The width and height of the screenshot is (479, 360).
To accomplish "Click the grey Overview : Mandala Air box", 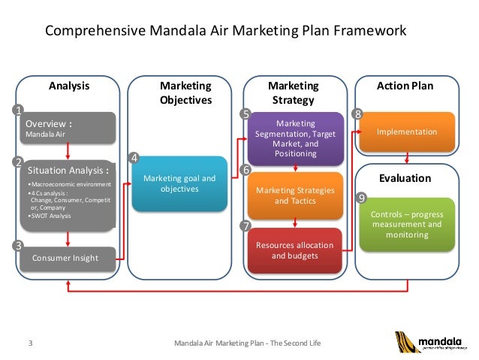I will pyautogui.click(x=68, y=128).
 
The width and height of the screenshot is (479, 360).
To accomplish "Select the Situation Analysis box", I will pyautogui.click(x=68, y=194).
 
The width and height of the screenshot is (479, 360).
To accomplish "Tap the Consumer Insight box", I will pyautogui.click(x=68, y=259).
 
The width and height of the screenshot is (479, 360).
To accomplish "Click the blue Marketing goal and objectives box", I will pyautogui.click(x=179, y=183).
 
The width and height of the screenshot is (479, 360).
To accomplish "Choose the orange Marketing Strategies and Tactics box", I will pyautogui.click(x=296, y=195).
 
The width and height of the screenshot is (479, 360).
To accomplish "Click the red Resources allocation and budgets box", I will pyautogui.click(x=296, y=250).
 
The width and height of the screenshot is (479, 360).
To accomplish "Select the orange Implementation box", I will pyautogui.click(x=406, y=132).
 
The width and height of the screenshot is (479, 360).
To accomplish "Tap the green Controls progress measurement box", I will pyautogui.click(x=406, y=224).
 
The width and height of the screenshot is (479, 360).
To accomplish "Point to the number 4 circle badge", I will pyautogui.click(x=134, y=158).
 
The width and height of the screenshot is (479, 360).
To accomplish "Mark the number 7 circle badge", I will pyautogui.click(x=245, y=225).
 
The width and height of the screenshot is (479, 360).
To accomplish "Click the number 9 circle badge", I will pyautogui.click(x=361, y=198).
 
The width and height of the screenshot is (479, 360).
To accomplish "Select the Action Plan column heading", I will pyautogui.click(x=405, y=86).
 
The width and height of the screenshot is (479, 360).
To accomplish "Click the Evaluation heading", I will pyautogui.click(x=405, y=178).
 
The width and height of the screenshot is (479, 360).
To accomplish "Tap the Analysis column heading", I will pyautogui.click(x=69, y=86).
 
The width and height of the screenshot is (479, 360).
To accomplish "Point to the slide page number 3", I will pyautogui.click(x=30, y=343).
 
